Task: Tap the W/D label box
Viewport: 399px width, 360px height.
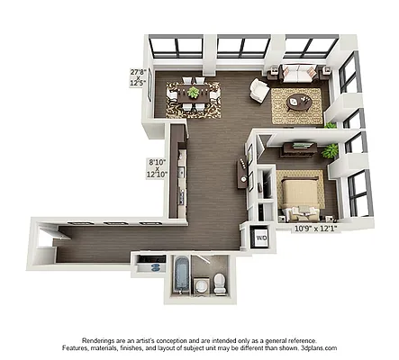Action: (x=261, y=238)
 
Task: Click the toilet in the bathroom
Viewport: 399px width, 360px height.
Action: (x=221, y=283)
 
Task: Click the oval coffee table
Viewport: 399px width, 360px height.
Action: (x=300, y=103)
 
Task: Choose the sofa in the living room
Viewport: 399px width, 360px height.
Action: (x=296, y=76)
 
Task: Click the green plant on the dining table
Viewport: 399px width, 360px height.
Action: (x=194, y=91)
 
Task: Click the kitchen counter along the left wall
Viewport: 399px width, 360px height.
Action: (x=181, y=175)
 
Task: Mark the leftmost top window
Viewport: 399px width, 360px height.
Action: (x=175, y=47)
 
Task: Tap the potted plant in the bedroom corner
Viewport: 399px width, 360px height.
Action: (x=331, y=151)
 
